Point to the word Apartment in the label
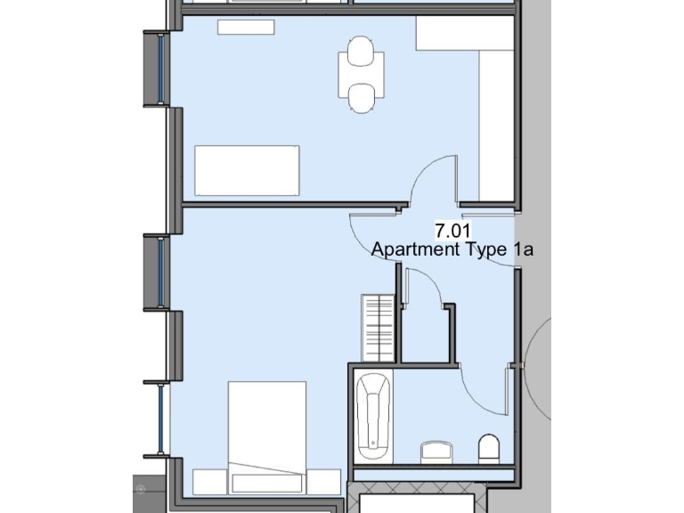tap(414, 249)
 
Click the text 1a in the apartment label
tap(523, 249)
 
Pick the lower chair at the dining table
tap(361, 97)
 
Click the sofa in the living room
tap(247, 170)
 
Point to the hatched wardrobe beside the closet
tap(378, 327)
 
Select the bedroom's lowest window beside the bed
tap(160, 419)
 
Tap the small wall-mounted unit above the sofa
tap(246, 27)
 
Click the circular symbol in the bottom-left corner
tap(140, 488)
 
